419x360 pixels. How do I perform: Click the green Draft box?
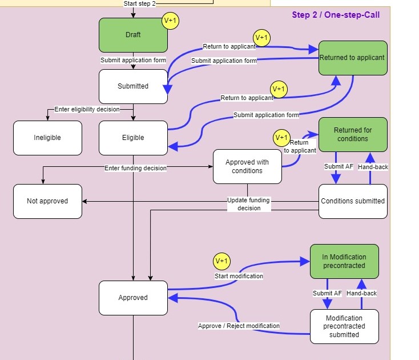coord(133,35)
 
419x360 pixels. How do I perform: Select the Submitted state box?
coord(133,86)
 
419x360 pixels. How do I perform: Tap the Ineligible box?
coord(47,138)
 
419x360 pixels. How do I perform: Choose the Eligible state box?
coord(133,138)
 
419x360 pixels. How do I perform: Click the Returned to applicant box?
coord(352,58)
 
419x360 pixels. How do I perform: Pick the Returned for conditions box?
coord(352,134)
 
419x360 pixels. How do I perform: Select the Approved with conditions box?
coord(247,166)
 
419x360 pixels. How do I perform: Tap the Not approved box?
coord(47,201)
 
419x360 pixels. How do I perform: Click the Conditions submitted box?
coord(352,201)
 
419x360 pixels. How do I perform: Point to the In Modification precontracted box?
coord(344,261)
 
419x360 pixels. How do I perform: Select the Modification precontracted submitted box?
coord(344,326)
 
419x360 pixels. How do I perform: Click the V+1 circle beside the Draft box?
coord(170,21)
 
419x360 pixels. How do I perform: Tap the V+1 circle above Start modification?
coord(221,261)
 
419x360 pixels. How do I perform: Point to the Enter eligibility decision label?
coord(87,109)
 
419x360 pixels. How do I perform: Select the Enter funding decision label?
coord(135,168)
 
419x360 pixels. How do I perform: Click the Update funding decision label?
coord(248,204)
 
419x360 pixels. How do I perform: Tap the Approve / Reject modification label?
coord(239,326)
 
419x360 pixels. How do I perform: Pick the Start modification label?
coord(239,276)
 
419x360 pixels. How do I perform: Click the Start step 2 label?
coord(139,3)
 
